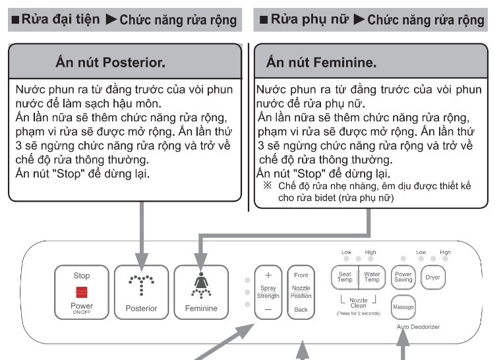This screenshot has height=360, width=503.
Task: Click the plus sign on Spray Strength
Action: pos(268,275)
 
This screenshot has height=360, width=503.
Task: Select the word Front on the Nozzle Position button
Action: pos(301,275)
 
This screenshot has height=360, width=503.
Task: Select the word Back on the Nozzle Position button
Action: pos(301,309)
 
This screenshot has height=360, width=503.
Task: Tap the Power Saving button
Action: pos(403,277)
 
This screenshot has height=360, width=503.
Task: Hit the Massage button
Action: pos(403,307)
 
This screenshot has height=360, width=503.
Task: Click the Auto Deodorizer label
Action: pos(418,327)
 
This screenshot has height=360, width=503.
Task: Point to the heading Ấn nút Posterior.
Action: pos(110,64)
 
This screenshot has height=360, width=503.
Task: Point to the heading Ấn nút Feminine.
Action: pos(322,64)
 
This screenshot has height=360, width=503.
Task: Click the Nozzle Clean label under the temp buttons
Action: pos(358,303)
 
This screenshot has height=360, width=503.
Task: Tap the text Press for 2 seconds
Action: pos(358,314)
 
